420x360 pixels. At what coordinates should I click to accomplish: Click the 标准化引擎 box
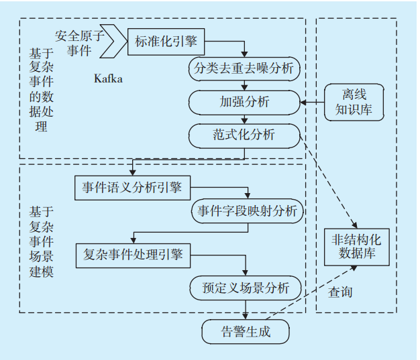[x=166, y=41]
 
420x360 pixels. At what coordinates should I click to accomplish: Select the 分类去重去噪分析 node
[x=243, y=69]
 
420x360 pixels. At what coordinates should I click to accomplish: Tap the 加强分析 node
[x=244, y=102]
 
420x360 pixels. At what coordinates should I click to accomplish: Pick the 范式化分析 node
[x=244, y=135]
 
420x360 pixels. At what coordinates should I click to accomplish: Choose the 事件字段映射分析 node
[x=247, y=212]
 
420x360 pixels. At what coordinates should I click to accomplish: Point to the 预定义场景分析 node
[x=246, y=288]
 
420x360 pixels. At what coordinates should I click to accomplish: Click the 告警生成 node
[x=246, y=331]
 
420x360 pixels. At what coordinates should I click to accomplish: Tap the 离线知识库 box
[x=354, y=103]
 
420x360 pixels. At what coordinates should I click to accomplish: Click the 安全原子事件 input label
[x=81, y=42]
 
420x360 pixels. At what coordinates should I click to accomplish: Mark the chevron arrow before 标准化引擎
[x=117, y=41]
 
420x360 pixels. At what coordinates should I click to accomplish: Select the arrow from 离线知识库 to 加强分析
[x=311, y=103]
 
